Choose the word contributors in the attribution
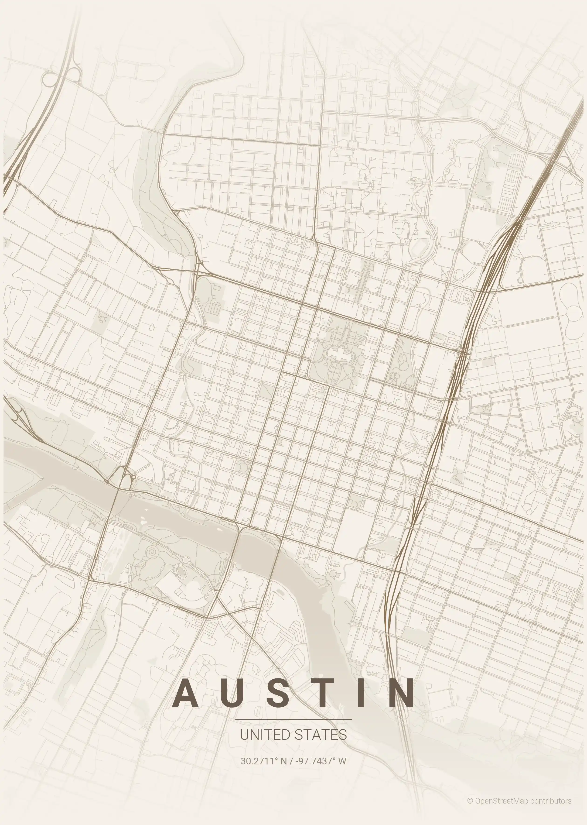551,801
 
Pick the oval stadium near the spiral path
180,571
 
